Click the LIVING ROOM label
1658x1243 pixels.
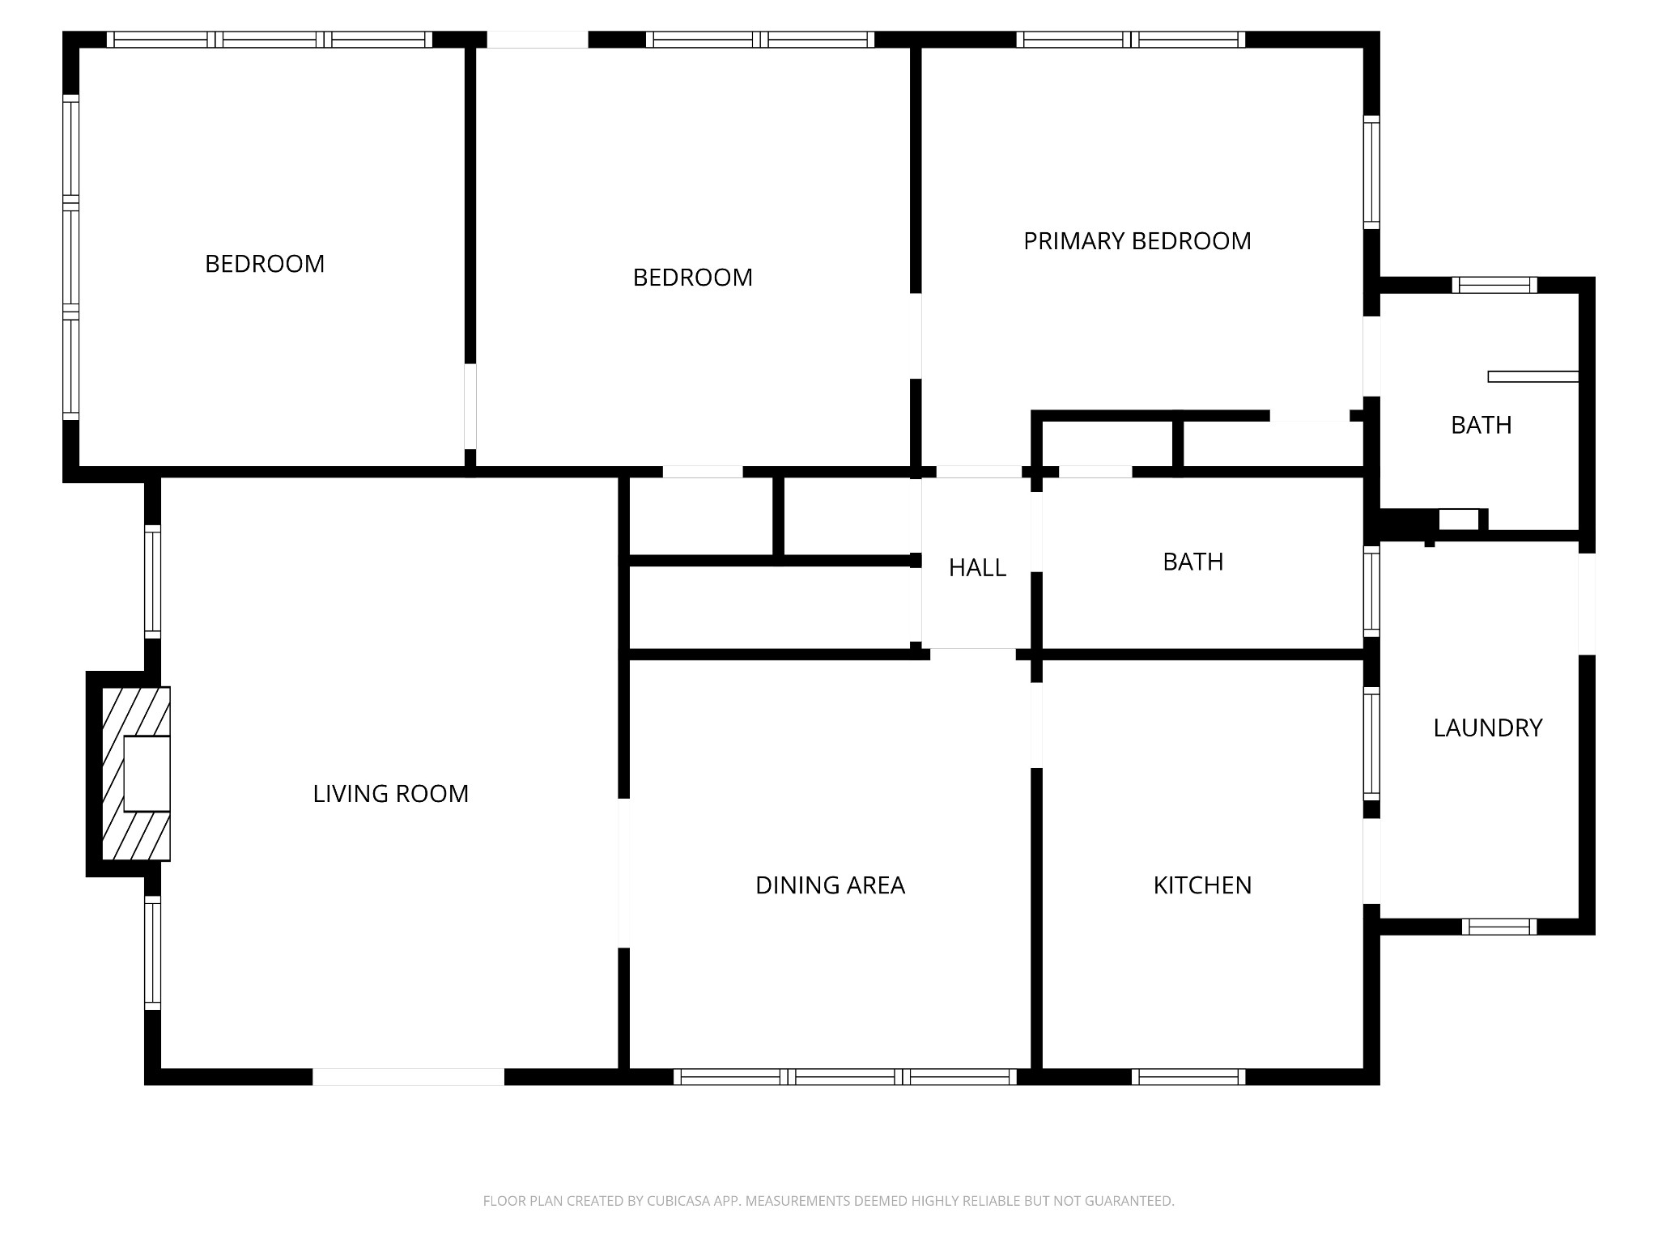click(x=391, y=794)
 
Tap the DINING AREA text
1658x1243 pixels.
click(x=830, y=885)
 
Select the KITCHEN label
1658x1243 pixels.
click(x=1202, y=885)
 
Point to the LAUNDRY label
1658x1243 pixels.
click(x=1487, y=728)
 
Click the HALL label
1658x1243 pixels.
click(x=977, y=568)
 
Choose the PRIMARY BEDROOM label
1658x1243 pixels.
click(x=1137, y=241)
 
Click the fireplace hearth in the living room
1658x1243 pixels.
click(x=136, y=774)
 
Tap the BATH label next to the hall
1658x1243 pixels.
click(x=1192, y=562)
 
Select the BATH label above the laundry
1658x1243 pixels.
click(x=1481, y=425)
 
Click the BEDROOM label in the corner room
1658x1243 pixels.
click(x=265, y=264)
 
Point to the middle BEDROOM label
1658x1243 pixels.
click(x=692, y=278)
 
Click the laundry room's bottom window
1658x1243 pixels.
click(x=1499, y=927)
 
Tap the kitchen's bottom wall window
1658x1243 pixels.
click(x=1188, y=1076)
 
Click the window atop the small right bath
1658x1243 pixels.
click(x=1494, y=285)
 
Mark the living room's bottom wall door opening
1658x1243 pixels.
click(x=408, y=1076)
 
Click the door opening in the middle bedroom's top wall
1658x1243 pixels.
click(x=537, y=40)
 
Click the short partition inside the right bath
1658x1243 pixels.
click(x=1533, y=376)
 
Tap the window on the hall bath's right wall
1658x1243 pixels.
click(x=1371, y=591)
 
